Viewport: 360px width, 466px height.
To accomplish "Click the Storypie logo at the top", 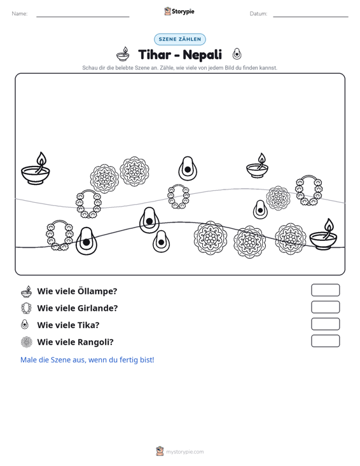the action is pyautogui.click(x=179, y=11).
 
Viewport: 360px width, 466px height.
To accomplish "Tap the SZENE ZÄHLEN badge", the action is pyautogui.click(x=180, y=39).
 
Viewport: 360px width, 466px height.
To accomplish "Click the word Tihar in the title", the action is pyautogui.click(x=155, y=55).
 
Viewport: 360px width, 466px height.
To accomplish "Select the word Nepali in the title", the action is pyautogui.click(x=202, y=55).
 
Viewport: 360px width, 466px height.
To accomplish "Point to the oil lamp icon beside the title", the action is pyautogui.click(x=123, y=54).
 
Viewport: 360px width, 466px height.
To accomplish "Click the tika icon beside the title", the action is pyautogui.click(x=237, y=54).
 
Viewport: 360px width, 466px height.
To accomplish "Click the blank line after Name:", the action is pyautogui.click(x=83, y=17).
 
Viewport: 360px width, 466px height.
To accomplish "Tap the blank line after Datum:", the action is pyautogui.click(x=310, y=17).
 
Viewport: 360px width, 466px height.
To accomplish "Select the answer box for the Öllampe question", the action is pyautogui.click(x=326, y=290).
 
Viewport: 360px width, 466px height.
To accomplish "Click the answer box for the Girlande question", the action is pyautogui.click(x=326, y=307).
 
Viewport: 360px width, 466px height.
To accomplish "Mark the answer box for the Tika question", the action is pyautogui.click(x=326, y=324).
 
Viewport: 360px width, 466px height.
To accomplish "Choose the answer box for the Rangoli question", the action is pyautogui.click(x=326, y=341).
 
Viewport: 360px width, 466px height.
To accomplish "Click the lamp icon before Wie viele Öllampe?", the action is pyautogui.click(x=27, y=292).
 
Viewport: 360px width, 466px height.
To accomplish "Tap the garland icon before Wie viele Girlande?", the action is pyautogui.click(x=27, y=308).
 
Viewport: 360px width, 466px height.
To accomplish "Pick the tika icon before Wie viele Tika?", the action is pyautogui.click(x=25, y=324).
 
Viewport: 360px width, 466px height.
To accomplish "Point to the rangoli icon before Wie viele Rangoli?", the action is pyautogui.click(x=27, y=342).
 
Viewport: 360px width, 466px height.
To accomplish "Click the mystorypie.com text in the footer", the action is pyautogui.click(x=185, y=452).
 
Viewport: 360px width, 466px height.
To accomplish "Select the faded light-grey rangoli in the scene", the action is pyautogui.click(x=278, y=198).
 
